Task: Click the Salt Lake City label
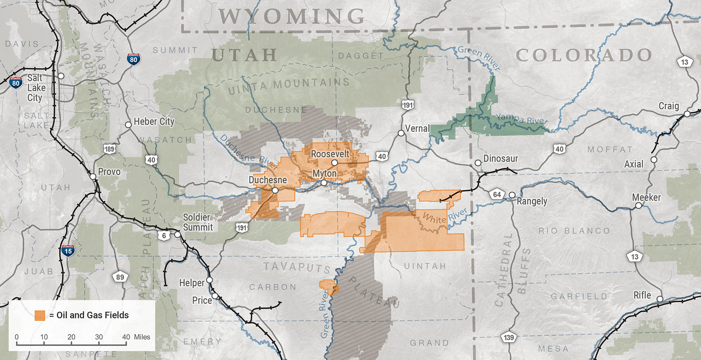tap(36, 88)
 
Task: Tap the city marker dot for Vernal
tap(401, 133)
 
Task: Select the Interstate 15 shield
tap(68, 250)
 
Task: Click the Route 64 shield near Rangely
tap(497, 195)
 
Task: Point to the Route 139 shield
tap(509, 337)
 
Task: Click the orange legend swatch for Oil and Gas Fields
tap(40, 315)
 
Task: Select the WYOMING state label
tap(291, 17)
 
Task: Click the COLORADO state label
tap(584, 55)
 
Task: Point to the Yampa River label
tap(522, 119)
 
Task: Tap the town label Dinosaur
tap(500, 159)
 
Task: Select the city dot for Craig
tap(687, 114)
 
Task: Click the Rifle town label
tap(642, 295)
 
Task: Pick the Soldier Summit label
tap(198, 222)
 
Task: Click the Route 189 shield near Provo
tap(109, 149)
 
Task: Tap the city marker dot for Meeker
tap(639, 206)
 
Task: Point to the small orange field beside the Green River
tap(328, 287)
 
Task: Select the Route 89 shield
tap(120, 277)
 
